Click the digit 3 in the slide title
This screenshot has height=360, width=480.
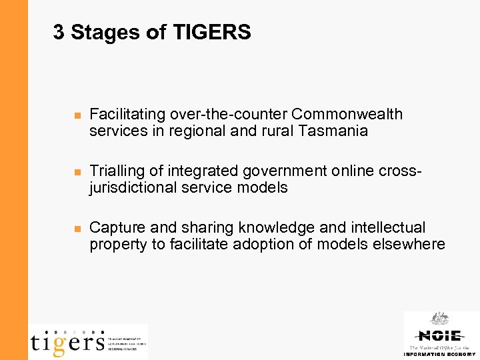[59, 32]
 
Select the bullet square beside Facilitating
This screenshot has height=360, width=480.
[77, 116]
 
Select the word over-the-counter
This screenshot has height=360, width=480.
[219, 114]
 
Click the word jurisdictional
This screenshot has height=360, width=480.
[133, 188]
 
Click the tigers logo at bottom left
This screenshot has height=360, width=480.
[67, 341]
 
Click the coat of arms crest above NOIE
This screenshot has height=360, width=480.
[439, 319]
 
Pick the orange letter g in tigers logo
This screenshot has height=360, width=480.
[59, 344]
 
